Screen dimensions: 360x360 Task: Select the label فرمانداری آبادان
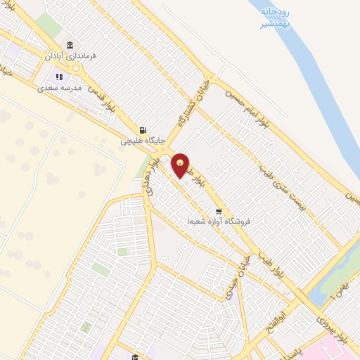coord(70,55)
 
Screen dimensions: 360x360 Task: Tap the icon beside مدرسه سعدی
coord(59,77)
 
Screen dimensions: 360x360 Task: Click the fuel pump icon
coord(143,130)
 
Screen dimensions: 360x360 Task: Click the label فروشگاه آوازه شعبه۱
coord(213,221)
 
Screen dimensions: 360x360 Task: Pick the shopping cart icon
coord(219,211)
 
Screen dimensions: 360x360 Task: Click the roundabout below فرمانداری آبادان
coord(77,68)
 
